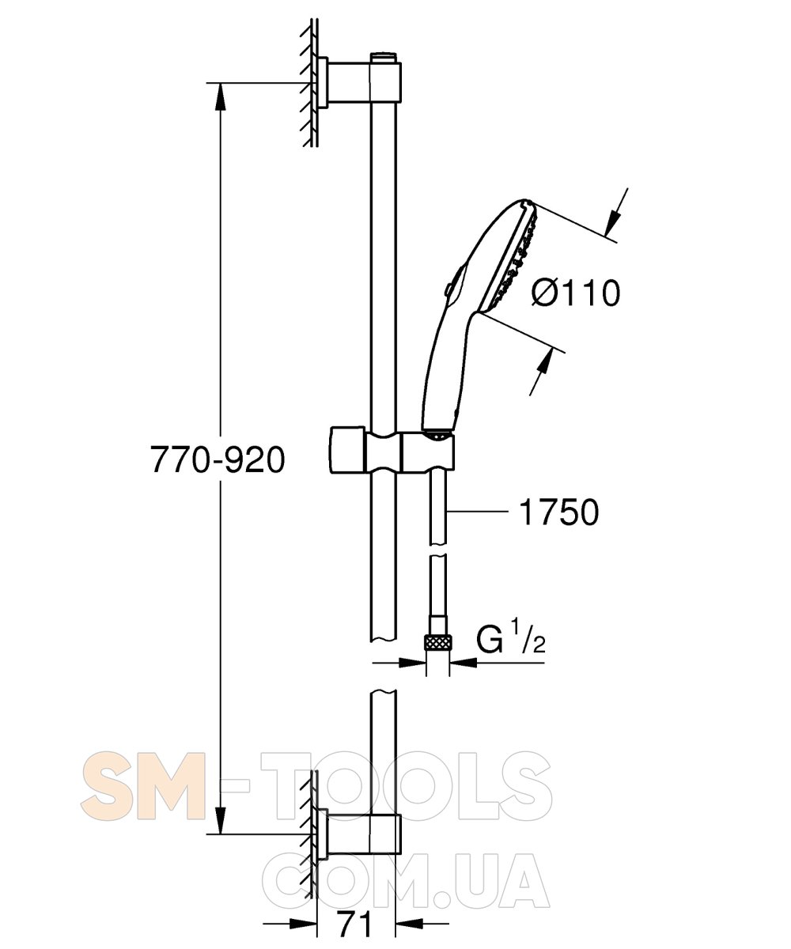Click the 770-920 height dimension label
tap(218, 459)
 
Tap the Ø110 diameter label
tap(576, 293)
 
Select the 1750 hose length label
tap(558, 512)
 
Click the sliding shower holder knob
tap(347, 449)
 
